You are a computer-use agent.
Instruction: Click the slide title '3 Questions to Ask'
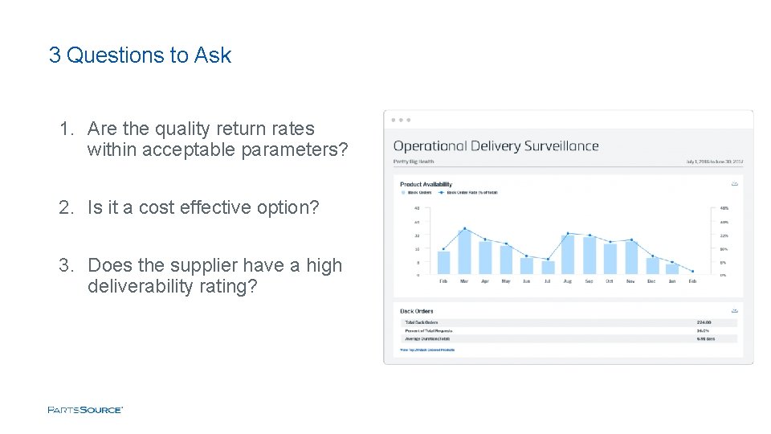pos(140,55)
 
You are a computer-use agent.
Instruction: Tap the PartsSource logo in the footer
pos(85,410)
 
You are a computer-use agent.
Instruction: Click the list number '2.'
pos(66,207)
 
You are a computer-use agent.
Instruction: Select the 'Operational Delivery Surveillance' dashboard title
pos(496,146)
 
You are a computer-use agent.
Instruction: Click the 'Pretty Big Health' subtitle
pos(414,162)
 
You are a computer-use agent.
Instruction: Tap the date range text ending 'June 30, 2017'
pos(715,162)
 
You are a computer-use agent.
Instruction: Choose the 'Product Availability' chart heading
pos(426,185)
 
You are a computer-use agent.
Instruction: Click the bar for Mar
pos(464,252)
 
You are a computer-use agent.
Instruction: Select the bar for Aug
pos(569,253)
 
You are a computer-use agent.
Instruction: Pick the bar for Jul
pos(548,267)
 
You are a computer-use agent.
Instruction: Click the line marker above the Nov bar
pos(631,240)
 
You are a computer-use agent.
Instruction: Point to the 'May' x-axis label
pos(506,281)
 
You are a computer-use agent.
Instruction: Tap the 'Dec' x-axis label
pos(651,281)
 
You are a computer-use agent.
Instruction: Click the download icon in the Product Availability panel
pos(734,183)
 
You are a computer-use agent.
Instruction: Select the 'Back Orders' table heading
pos(417,311)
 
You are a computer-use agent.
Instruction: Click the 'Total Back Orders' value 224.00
pos(704,322)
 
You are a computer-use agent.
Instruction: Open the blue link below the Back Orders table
pos(427,350)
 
